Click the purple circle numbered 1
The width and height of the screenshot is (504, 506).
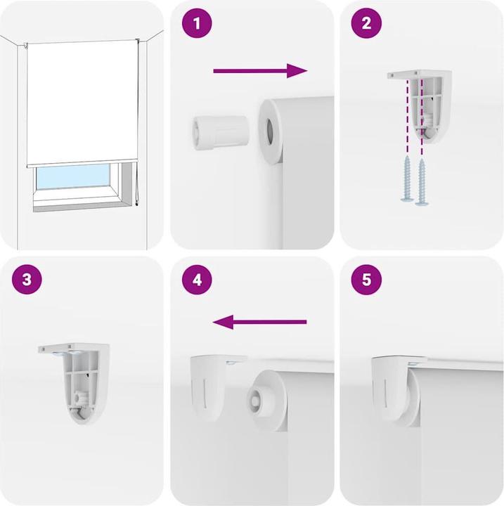point(197,23)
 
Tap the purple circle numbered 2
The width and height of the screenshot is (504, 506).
point(366,23)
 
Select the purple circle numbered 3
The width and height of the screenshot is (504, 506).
point(27,279)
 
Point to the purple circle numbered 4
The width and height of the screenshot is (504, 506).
point(197,280)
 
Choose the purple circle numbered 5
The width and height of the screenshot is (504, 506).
point(366,280)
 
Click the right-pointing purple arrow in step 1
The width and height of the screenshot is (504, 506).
point(260,71)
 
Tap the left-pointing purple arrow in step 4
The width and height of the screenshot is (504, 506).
point(259,322)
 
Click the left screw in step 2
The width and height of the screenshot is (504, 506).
point(407,179)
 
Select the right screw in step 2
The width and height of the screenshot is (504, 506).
point(422,182)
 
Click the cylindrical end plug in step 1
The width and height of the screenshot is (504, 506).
point(221,133)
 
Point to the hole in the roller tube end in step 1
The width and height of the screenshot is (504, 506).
point(269,131)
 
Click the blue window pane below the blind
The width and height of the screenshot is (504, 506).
point(73,177)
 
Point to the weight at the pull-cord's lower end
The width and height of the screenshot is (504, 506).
point(137,204)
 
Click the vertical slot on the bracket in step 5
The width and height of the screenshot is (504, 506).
point(385,391)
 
